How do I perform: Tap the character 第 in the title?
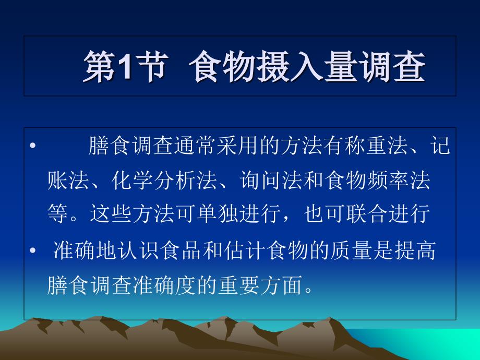pos(100,66)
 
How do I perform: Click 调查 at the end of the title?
pos(392,66)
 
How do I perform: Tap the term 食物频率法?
pos(378,179)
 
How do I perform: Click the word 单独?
pos(218,213)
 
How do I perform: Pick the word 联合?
pos(367,213)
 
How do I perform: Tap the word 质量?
pos(351,250)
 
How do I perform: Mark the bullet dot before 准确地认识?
pos(33,251)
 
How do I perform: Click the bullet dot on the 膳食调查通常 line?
pos(33,146)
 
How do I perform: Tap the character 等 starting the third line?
pos(57,213)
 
